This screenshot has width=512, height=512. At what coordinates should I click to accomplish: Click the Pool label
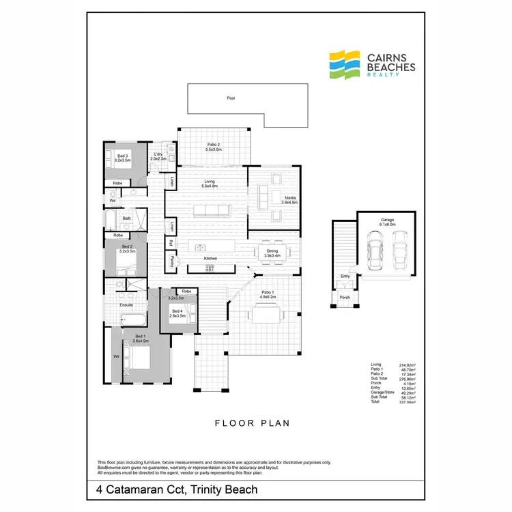pos(231,98)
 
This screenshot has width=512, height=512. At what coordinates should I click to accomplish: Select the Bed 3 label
pos(122,158)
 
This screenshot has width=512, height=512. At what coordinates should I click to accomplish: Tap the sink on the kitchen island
pos(200,246)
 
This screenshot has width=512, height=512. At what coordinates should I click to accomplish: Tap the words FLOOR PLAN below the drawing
pos(253,423)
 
